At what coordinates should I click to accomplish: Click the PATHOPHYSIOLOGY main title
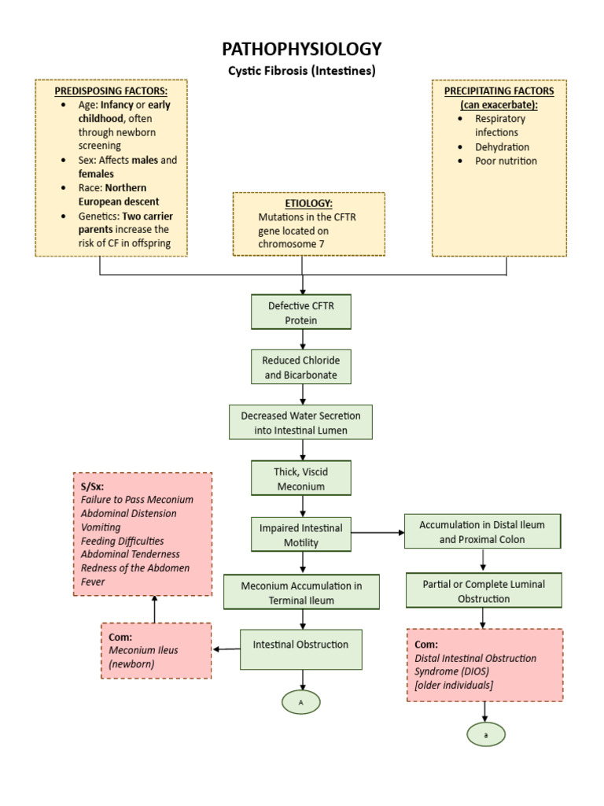point(302,49)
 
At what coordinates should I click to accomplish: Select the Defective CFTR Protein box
point(301,312)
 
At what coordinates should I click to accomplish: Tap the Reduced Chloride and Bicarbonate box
point(301,368)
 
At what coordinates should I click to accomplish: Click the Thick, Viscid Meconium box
point(301,479)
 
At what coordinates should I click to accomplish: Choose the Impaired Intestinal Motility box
point(301,534)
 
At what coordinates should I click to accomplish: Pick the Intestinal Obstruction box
point(300,645)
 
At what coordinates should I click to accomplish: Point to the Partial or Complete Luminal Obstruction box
point(484,591)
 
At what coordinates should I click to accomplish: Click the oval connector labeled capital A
point(301,701)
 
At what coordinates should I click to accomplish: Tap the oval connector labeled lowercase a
point(485,734)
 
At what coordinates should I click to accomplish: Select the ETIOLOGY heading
point(308,203)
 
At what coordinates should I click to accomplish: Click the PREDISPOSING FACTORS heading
point(111,91)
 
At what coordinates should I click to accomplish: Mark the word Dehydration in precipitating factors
point(502,147)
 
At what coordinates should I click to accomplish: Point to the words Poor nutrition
point(506,161)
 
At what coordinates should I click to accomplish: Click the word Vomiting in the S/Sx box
point(101,527)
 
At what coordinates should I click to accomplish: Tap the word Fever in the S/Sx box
point(93,582)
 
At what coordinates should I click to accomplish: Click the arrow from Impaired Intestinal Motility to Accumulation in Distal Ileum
point(377,534)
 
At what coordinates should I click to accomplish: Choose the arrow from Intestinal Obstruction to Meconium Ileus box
point(226,649)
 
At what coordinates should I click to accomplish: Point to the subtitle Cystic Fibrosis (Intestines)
point(302,71)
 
